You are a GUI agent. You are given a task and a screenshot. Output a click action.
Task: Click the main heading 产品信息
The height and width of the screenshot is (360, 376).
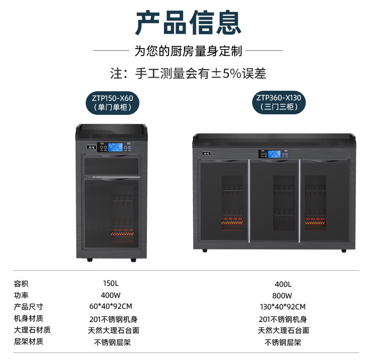188,23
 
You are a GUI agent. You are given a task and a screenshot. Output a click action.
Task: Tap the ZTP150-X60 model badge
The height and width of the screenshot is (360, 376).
112,102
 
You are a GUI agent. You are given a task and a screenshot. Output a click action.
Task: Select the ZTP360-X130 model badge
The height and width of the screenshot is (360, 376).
279,102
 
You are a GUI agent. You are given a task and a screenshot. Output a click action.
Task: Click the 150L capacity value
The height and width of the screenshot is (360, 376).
111,283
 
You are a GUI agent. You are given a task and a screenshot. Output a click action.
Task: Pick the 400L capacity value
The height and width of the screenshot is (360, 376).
283,284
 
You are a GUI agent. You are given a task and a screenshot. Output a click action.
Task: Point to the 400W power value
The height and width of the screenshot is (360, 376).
111,295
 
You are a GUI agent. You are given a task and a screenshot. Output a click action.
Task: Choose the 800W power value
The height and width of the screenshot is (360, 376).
282,296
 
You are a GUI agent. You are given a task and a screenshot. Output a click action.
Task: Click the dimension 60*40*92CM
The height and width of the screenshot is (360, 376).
111,306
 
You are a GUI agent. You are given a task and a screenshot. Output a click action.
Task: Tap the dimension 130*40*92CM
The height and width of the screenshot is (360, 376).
283,307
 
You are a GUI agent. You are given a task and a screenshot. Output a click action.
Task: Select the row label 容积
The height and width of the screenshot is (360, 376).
21,284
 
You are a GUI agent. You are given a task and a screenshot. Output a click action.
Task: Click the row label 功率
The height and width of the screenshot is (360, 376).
21,295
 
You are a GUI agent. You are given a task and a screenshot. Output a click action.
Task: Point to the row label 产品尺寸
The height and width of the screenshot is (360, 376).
29,307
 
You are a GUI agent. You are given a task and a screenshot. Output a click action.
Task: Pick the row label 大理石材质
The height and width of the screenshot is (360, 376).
32,330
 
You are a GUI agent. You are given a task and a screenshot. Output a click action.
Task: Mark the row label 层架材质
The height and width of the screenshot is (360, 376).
29,341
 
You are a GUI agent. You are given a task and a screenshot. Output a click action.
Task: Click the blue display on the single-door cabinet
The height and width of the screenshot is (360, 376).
115,147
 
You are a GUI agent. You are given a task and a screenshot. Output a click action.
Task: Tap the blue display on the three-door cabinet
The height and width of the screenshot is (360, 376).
274,154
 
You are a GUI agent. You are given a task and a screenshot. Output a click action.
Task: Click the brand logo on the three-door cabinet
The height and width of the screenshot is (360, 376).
207,153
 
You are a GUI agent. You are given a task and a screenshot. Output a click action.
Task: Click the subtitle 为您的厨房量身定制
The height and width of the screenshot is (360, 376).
188,51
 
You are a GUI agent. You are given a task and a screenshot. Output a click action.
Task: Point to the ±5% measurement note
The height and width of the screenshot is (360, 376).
188,73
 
